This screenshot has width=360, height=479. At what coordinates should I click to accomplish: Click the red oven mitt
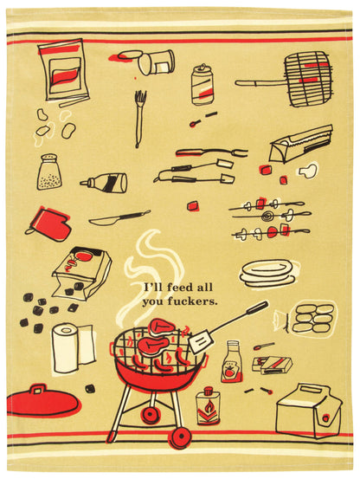(x=50, y=223)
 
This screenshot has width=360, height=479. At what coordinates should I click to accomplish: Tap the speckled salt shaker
(x=49, y=172)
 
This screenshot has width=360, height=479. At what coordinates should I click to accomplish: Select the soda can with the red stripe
(x=202, y=85)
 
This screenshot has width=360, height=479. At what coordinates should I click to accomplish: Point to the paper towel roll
(x=73, y=348)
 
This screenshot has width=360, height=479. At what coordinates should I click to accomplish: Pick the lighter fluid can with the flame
(x=209, y=405)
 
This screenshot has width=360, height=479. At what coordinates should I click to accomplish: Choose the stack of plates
(x=267, y=273)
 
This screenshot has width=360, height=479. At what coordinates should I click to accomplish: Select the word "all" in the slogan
(x=205, y=288)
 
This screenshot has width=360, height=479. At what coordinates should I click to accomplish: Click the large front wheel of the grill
(x=180, y=437)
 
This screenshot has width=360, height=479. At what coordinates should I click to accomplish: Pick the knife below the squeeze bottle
(x=119, y=217)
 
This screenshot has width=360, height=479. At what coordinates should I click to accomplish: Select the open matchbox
(x=272, y=365)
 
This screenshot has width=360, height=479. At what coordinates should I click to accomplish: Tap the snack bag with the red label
(x=63, y=69)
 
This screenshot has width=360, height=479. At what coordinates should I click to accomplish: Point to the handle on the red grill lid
(x=38, y=389)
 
